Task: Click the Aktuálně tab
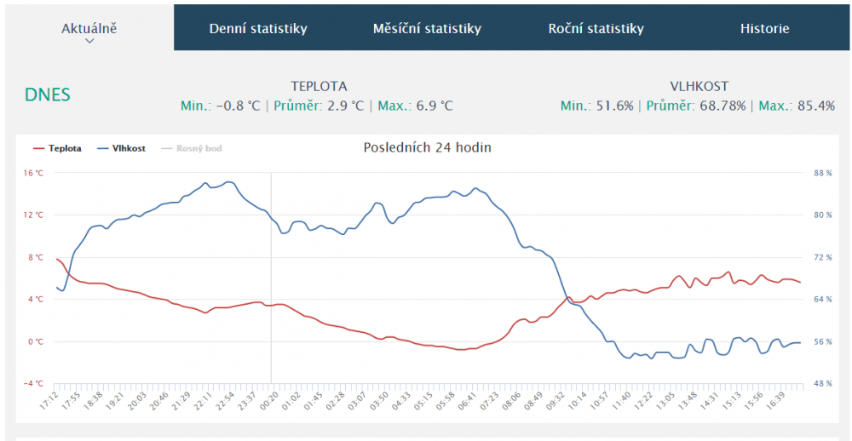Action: (89, 28)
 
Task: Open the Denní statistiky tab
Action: (258, 28)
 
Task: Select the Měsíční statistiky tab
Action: (427, 28)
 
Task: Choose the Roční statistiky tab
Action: (596, 28)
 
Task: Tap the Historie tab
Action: (764, 28)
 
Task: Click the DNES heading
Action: (48, 94)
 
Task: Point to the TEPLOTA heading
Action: (319, 86)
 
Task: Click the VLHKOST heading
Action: (699, 86)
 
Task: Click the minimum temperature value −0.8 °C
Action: (239, 106)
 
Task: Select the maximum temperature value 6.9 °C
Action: (434, 106)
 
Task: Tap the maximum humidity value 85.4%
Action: (815, 106)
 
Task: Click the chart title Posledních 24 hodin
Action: (427, 147)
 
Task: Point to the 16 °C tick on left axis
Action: (33, 173)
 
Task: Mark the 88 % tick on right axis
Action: (823, 173)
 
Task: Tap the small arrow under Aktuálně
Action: (89, 41)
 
